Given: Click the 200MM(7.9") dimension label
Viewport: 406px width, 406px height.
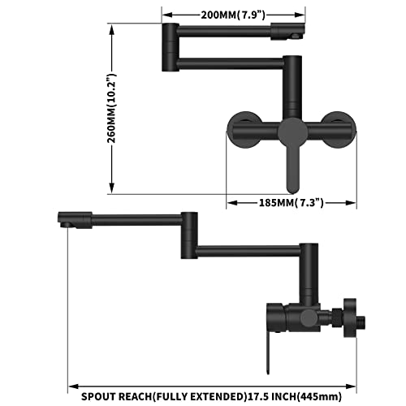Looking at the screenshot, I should [232, 14].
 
